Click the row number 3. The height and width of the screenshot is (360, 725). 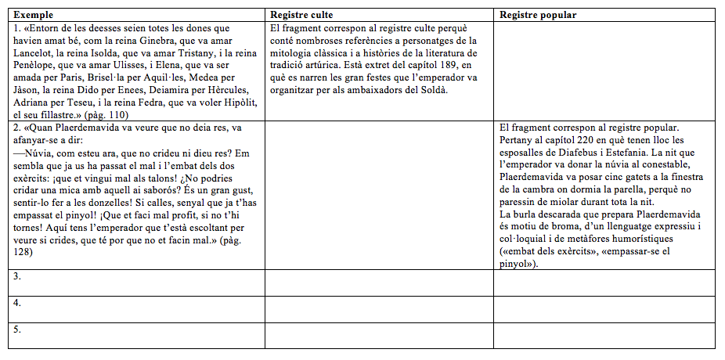pyautogui.click(x=17, y=276)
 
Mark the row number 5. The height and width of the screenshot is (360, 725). pyautogui.click(x=17, y=329)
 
